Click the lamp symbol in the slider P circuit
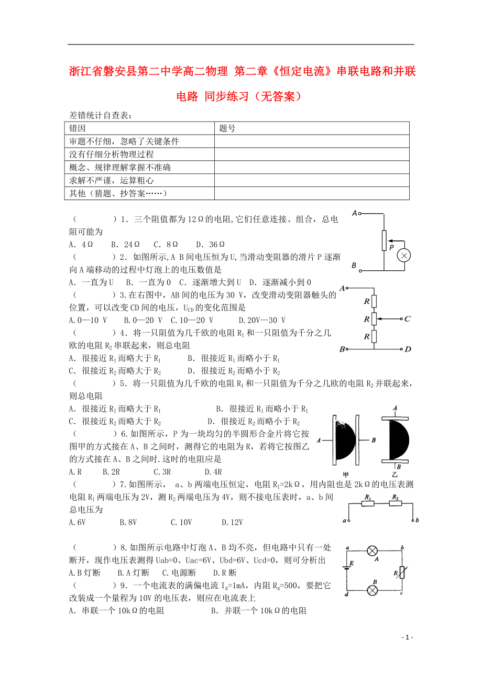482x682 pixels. (403, 255)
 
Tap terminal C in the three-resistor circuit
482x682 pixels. (407, 318)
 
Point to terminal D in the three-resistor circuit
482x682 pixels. (408, 349)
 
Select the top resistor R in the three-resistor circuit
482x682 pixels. (373, 302)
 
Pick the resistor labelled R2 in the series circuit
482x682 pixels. (395, 503)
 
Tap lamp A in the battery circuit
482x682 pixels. (372, 551)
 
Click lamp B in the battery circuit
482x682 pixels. (372, 590)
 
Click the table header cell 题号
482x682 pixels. (227, 128)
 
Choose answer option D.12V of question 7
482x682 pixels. (232, 522)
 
